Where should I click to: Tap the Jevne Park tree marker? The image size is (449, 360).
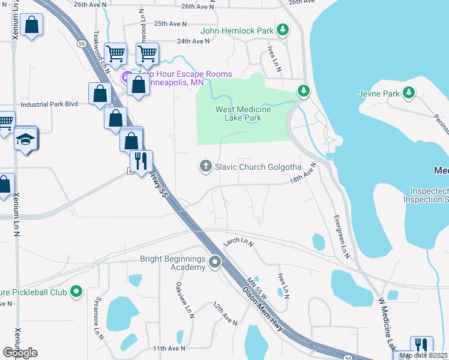point(409,93)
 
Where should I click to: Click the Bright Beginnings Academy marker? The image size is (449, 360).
point(215,263)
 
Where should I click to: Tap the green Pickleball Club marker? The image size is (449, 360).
point(76,292)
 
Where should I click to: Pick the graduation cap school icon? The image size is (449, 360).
point(26,139)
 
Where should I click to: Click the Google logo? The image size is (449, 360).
point(20,352)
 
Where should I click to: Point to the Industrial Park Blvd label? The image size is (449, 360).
point(49,104)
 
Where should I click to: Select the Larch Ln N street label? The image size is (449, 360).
point(238,242)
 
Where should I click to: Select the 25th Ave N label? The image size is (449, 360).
point(170,24)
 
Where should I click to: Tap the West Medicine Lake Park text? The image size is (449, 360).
point(243,114)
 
